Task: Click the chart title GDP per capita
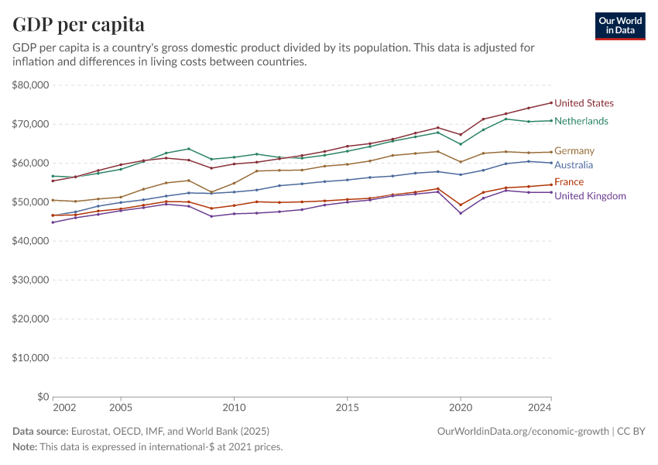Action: (78, 25)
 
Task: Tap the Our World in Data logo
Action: (619, 26)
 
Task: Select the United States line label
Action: (584, 103)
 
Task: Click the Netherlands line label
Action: (581, 121)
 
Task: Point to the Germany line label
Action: (574, 150)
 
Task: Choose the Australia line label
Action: (574, 165)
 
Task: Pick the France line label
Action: (568, 182)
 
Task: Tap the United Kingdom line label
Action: (590, 196)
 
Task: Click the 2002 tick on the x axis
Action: (63, 407)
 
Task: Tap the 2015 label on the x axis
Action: (347, 407)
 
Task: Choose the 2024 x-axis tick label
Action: (540, 407)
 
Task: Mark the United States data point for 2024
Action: (551, 103)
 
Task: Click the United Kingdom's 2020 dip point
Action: (461, 213)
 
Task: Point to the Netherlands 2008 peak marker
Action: (189, 149)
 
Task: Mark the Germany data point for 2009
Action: (211, 192)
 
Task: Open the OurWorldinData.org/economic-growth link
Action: (523, 431)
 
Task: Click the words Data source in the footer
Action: (40, 431)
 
